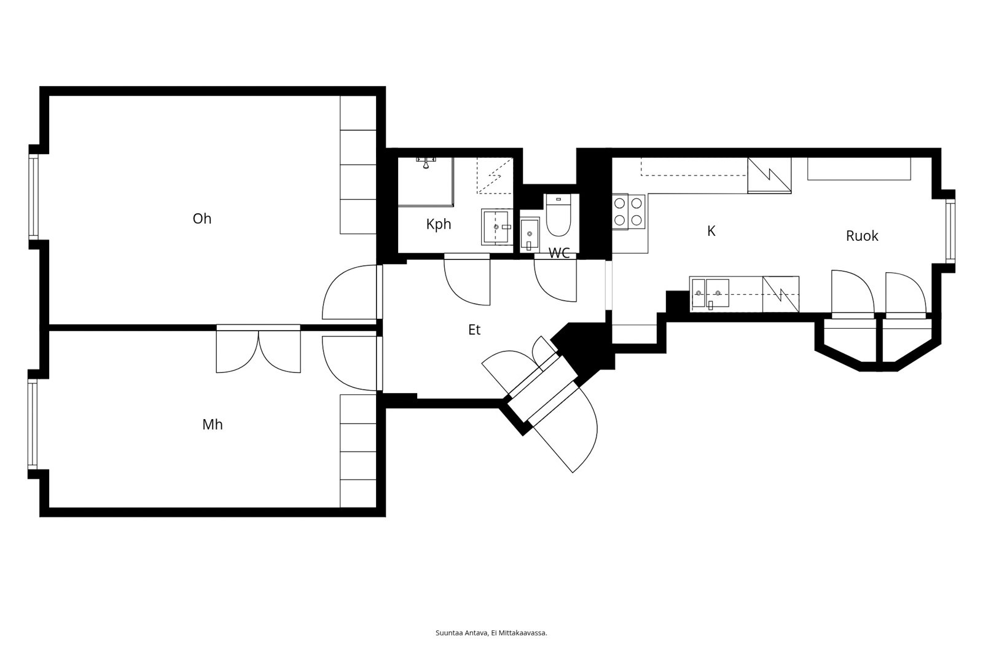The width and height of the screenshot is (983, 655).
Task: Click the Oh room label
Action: click(202, 219)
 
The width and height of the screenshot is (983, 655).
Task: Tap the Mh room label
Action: click(213, 425)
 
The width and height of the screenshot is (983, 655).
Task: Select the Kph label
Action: click(439, 224)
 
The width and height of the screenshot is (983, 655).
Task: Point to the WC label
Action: click(559, 253)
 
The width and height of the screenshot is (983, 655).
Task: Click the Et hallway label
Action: click(474, 330)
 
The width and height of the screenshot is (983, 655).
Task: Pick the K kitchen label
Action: click(711, 231)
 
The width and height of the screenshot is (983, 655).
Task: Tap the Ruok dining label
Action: click(862, 236)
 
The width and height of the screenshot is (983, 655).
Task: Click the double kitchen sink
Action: click(710, 293)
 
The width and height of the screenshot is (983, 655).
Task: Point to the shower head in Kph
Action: click(426, 162)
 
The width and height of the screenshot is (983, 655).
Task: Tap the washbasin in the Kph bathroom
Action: click(497, 227)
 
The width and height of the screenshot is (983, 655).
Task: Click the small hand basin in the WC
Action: click(530, 235)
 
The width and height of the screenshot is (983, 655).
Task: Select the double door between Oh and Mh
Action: click(259, 349)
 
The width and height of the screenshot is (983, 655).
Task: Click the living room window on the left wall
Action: click(34, 198)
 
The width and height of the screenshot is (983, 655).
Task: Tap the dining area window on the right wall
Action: click(950, 231)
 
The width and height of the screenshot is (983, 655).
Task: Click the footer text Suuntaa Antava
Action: click(461, 633)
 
